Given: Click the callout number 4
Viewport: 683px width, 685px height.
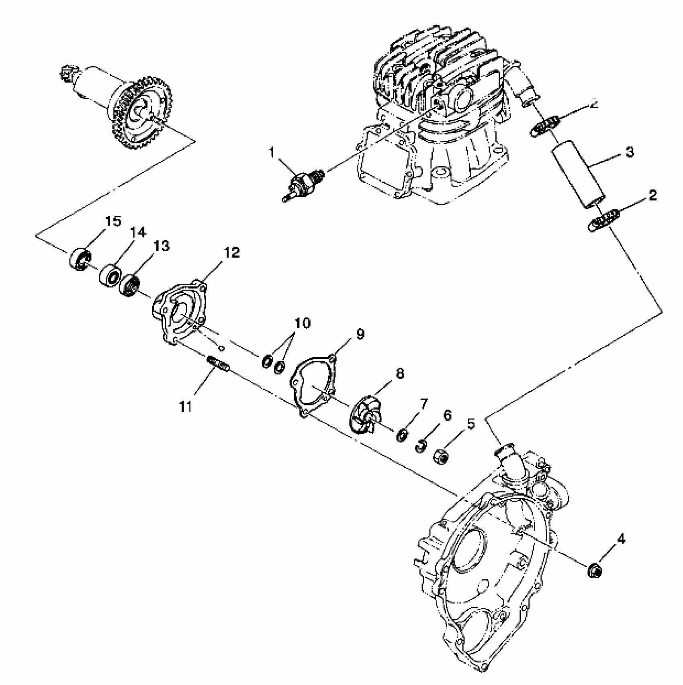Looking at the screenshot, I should tap(621, 540).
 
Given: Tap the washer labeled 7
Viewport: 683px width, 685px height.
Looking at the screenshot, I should tap(402, 436).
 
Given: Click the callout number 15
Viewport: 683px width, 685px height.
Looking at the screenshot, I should tap(113, 221).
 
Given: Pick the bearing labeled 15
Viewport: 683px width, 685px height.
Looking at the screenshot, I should tap(80, 258).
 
